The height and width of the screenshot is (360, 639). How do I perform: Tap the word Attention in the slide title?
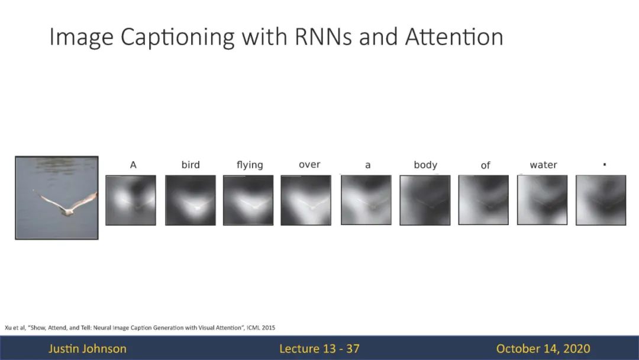point(454,36)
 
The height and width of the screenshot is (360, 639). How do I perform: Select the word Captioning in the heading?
point(177,37)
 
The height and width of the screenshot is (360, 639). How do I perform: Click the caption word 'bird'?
point(191,165)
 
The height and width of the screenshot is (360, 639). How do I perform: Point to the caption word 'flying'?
point(250,165)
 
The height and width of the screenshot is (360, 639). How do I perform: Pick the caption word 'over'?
point(309,165)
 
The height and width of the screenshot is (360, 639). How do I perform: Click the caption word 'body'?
point(425,165)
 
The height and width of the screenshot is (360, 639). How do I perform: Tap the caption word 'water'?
point(543,165)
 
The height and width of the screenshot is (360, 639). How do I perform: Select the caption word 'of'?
point(485,165)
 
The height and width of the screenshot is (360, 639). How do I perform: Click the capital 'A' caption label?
point(133,165)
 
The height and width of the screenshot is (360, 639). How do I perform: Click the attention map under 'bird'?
point(191,200)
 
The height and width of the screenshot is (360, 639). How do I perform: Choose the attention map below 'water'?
point(542,200)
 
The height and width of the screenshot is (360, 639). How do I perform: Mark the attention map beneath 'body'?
point(425,200)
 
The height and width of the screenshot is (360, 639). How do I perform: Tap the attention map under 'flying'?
point(248,200)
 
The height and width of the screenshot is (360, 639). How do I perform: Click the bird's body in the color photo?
point(68,211)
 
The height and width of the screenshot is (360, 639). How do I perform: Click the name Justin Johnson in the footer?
point(87,349)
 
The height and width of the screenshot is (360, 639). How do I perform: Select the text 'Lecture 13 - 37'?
point(319,349)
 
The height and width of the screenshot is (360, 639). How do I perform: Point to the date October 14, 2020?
point(543,349)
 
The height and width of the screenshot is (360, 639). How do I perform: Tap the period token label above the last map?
point(604,165)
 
